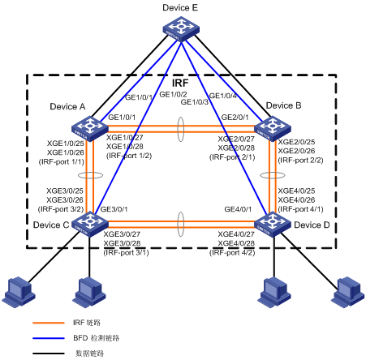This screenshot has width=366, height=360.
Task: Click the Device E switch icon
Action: (x=181, y=29)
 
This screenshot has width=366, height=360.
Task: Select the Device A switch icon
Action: (x=90, y=128)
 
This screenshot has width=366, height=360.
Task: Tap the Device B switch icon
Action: (x=273, y=128)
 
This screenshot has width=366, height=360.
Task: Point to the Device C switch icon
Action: (x=90, y=225)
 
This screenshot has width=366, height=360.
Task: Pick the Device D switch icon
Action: (x=273, y=225)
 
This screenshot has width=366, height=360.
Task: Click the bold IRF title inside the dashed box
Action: (x=180, y=83)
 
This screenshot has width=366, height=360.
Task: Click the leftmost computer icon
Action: (x=19, y=292)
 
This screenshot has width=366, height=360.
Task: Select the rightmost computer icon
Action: (x=348, y=292)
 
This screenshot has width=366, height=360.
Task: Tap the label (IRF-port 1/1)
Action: (x=62, y=162)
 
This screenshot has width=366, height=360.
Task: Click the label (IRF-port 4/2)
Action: (x=232, y=253)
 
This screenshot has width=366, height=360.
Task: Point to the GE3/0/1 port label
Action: (x=114, y=209)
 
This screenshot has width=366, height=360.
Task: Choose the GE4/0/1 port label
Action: (x=238, y=209)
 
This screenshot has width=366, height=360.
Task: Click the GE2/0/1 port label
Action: (x=235, y=118)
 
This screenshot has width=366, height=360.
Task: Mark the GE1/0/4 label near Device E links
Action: (x=223, y=96)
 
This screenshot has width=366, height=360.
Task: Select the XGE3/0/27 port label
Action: (x=122, y=234)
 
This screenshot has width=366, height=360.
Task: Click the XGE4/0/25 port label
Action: (x=296, y=191)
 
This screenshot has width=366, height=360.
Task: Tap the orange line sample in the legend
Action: (x=49, y=323)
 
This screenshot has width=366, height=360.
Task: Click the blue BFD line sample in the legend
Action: (x=49, y=338)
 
